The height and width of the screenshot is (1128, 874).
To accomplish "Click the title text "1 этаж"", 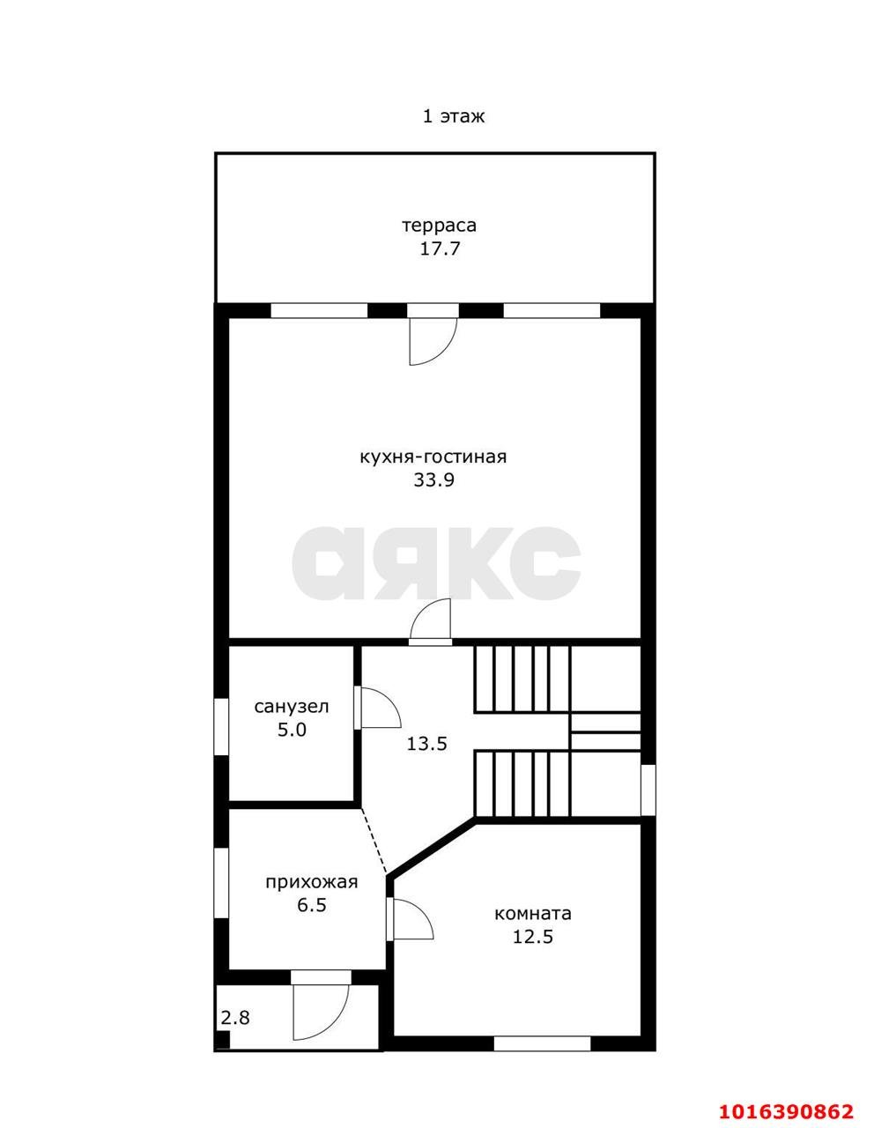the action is point(454,116).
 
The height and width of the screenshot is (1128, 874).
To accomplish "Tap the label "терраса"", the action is point(440,226).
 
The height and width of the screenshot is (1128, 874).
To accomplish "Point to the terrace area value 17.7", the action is point(440,249).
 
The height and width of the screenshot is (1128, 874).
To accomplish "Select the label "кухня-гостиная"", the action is point(433,457).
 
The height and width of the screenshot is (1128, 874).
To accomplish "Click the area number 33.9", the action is point(433,480).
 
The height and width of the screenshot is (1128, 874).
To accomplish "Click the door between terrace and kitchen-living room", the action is point(433,340).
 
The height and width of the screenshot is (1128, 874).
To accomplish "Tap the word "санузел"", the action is point(292,707).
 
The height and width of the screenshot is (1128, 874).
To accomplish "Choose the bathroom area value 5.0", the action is point(292,730).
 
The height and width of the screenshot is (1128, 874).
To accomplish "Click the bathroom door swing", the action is point(378,707).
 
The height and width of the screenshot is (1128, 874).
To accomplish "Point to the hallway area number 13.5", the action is point(426,745).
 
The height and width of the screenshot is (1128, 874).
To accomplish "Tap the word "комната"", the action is point(532,913).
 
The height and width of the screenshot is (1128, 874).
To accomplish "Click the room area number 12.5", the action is point(533,937).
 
